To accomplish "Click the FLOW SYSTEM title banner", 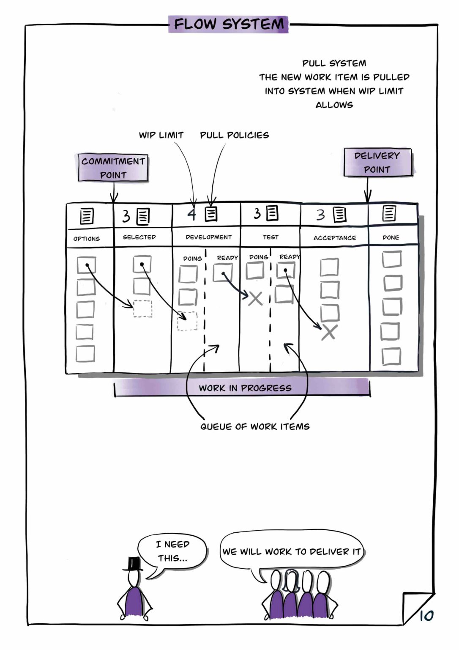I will point(228,24).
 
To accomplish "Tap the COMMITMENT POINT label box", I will point(113,168).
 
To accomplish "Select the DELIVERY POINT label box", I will point(377,162).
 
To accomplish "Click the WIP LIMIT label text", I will point(161,135).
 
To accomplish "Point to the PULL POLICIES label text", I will point(234,135).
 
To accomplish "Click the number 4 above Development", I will point(192,215).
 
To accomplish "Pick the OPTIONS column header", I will point(87,239).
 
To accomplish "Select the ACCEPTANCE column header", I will point(334,238).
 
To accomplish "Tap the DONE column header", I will point(391,237).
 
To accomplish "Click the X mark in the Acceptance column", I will point(328,333).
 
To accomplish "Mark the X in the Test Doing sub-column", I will point(255,299).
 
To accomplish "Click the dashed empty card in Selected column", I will point(142,308).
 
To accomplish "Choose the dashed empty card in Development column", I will point(187,321).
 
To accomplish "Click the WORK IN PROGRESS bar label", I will point(245,388).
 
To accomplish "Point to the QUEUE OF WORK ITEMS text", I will point(255,427).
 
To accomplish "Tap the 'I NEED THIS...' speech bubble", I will point(172,551).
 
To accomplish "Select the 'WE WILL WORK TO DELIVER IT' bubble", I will point(292,552).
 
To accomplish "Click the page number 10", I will point(426,616).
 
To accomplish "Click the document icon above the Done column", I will point(389,214).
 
